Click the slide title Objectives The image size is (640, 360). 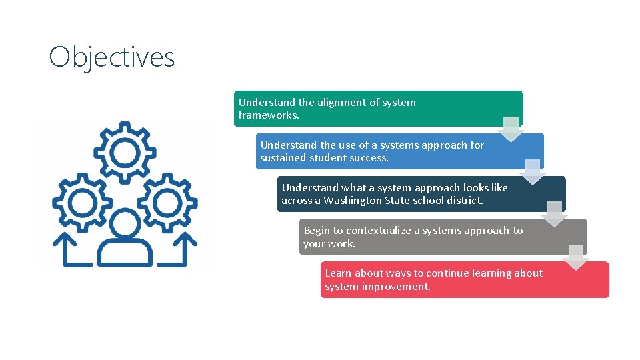[x=111, y=57]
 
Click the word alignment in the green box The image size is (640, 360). [x=341, y=103]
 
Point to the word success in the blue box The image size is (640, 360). [x=369, y=158]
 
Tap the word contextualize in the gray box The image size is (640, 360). [x=378, y=231]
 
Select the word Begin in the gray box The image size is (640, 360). [x=317, y=231]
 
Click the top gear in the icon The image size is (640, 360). [x=124, y=153]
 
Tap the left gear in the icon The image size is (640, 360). [x=83, y=201]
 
